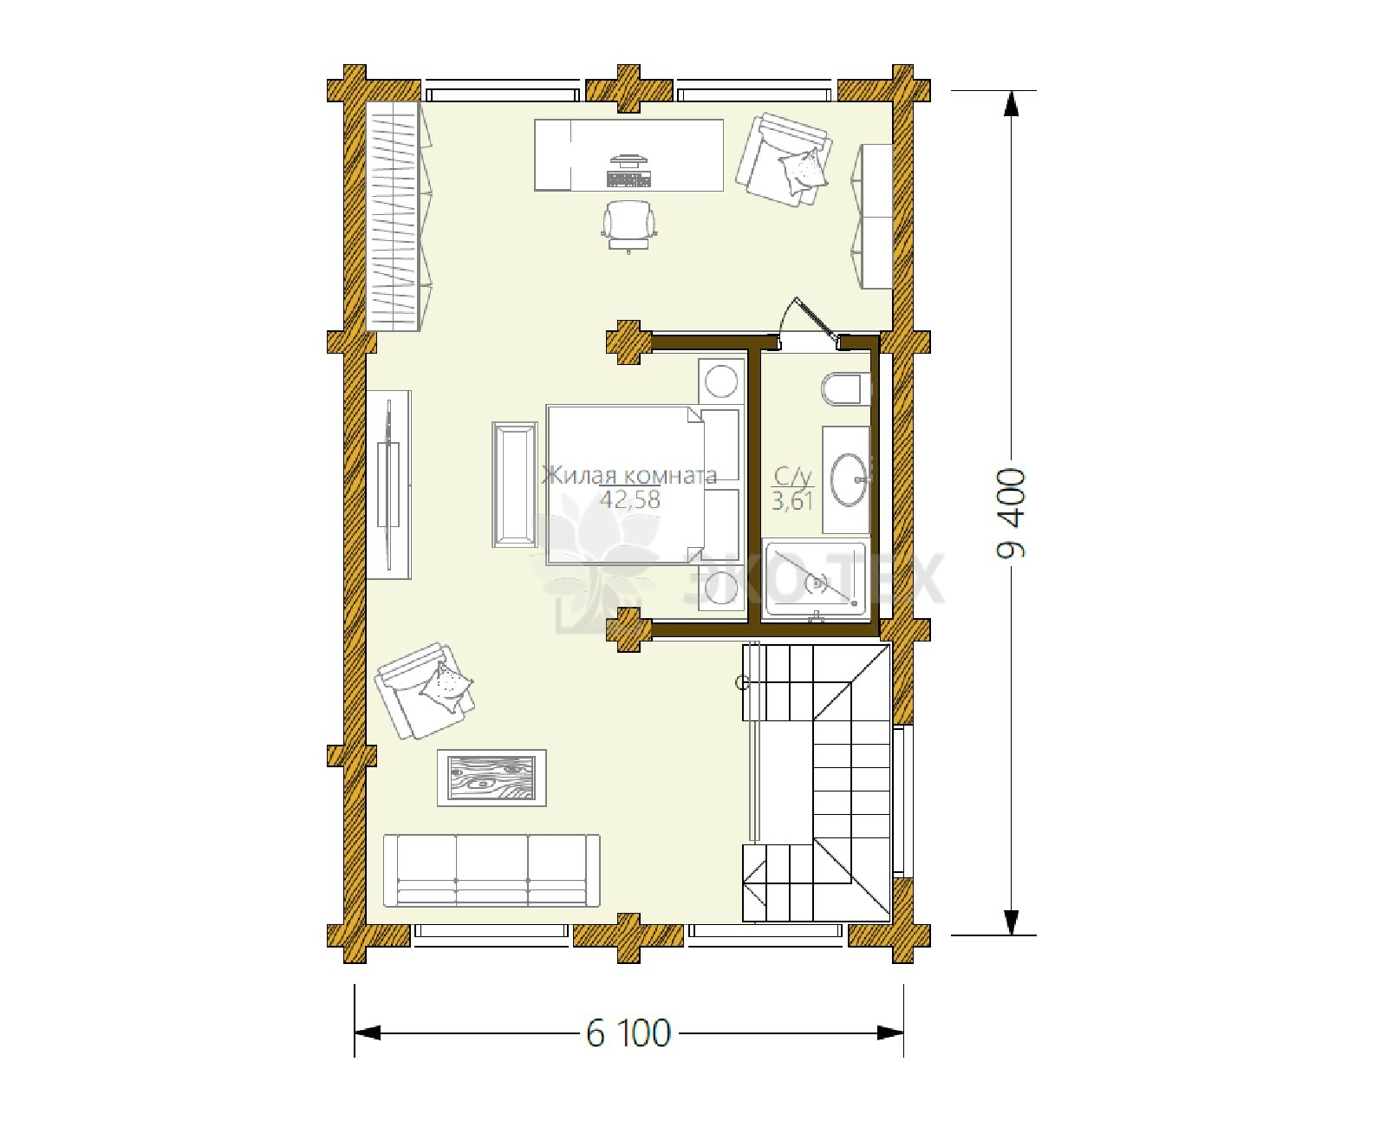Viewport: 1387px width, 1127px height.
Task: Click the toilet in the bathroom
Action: coord(845,388)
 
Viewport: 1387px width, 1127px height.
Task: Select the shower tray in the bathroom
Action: coord(816,579)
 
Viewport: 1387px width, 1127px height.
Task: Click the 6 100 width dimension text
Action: coord(628,1033)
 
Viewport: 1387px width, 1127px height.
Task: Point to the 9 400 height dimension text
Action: coord(1011,513)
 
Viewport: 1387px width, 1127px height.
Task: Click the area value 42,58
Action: coord(629,499)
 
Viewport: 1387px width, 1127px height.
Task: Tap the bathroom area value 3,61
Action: coord(792,501)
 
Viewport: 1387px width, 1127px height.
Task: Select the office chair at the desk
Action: coord(628,225)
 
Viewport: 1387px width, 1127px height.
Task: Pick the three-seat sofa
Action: coord(492,870)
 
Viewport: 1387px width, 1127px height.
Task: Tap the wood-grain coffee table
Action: coord(492,778)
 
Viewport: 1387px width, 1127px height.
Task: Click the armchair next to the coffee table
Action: coord(424,691)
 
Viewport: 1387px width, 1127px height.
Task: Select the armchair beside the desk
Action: coord(784,160)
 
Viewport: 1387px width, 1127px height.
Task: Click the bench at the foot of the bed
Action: coord(514,485)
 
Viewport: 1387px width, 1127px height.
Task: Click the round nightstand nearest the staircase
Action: coord(721,588)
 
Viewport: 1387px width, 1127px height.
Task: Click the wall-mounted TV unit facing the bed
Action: coord(388,485)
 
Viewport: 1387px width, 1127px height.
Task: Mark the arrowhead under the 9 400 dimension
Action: coord(1011,922)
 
